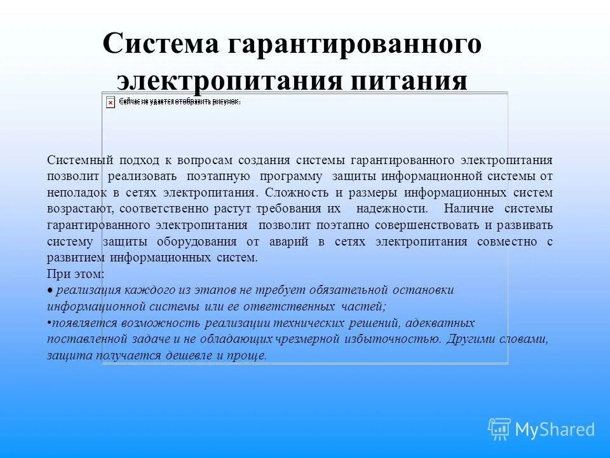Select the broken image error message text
[180, 101]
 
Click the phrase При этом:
[76, 274]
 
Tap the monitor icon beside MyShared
[499, 429]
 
